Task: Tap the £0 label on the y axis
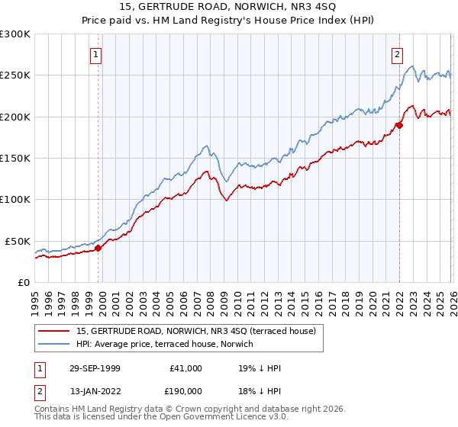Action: coord(23,283)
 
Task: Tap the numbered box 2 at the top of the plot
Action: coord(398,54)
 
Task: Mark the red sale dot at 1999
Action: coord(98,248)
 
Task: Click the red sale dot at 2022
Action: coord(398,125)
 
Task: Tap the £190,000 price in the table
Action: coord(185,390)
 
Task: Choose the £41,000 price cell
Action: coord(185,368)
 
